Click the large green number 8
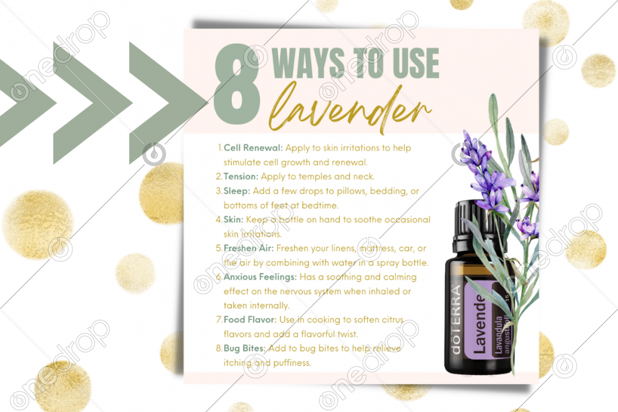coord(237,83)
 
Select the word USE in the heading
coord(416,63)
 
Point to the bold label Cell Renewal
coord(253,148)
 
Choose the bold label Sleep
coord(237,191)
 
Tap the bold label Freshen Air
coord(248,248)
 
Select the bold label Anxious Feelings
coord(260,277)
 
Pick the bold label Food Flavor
coord(250,319)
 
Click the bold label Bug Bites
coord(244,348)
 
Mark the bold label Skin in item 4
coord(234,219)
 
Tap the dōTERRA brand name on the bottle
coord(455,320)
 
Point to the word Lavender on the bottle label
coord(480,323)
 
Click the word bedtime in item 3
coord(320,205)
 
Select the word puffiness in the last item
coord(292,363)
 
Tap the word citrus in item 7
coord(392,319)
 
